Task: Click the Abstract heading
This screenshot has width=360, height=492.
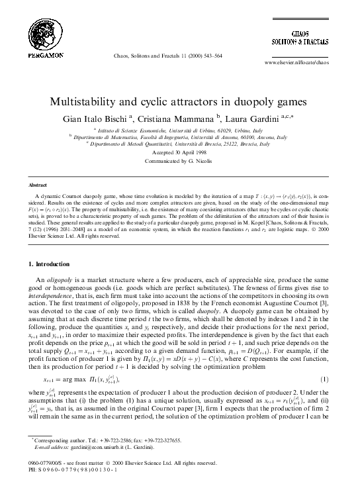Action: (36, 187)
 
